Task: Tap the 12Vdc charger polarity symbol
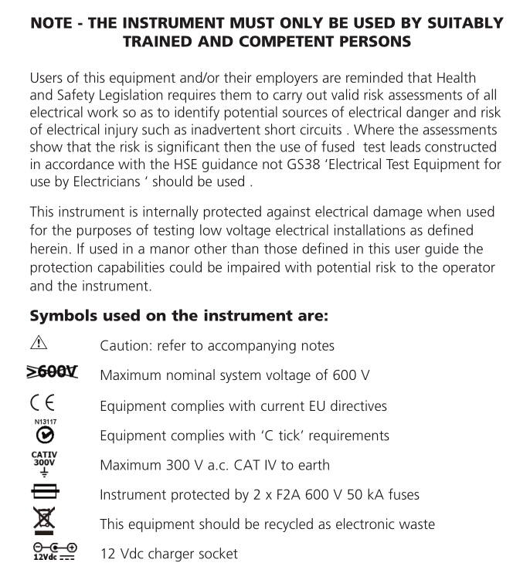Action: click(49, 553)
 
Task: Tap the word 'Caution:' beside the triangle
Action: click(125, 346)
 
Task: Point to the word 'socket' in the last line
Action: click(219, 554)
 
